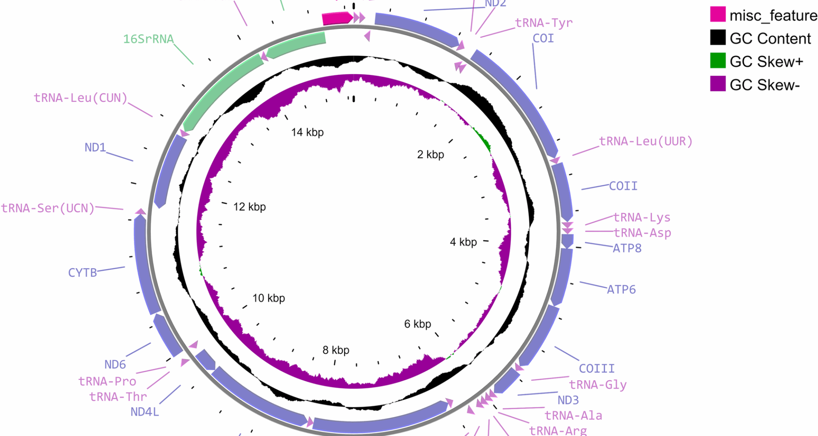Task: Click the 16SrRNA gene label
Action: click(x=148, y=39)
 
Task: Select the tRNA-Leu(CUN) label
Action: click(x=81, y=98)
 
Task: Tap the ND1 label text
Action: click(x=95, y=147)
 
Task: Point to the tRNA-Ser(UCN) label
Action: click(x=48, y=208)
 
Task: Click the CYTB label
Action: click(x=82, y=272)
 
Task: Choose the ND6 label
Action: click(x=115, y=364)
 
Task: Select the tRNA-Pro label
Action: click(x=107, y=381)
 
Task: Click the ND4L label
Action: click(x=144, y=412)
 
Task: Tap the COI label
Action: click(x=543, y=38)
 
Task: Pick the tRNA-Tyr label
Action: click(x=544, y=23)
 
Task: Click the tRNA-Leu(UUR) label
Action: click(x=645, y=141)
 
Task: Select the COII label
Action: click(x=623, y=186)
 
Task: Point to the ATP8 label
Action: click(x=627, y=248)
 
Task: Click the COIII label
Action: click(x=596, y=368)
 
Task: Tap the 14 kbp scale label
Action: click(x=307, y=132)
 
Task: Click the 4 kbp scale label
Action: click(x=463, y=242)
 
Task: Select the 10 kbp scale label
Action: click(x=268, y=298)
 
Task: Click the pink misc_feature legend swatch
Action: click(x=717, y=14)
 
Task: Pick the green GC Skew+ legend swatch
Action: click(x=717, y=61)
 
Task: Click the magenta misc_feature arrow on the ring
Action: click(x=337, y=18)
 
